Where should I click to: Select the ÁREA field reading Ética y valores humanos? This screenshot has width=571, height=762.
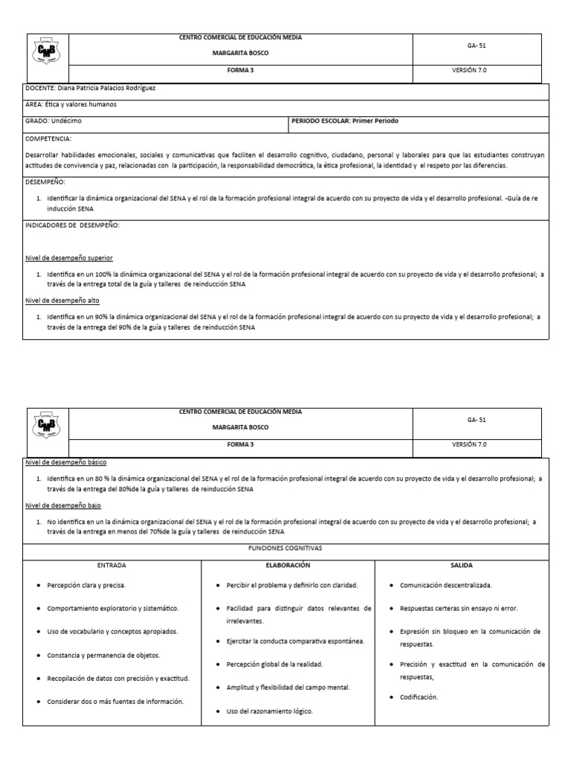coord(71,105)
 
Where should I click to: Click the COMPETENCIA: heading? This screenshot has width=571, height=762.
coord(49,138)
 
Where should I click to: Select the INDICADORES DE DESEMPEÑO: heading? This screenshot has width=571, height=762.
coord(73,225)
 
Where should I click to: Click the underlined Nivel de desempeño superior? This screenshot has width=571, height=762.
coord(69,257)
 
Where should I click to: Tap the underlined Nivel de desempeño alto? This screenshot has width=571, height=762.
coord(62,300)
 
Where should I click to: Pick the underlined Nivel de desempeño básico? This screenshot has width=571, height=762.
coord(65,462)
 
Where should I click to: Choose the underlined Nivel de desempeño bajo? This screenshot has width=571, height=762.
coord(62,505)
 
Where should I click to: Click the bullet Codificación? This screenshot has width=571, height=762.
coord(419,697)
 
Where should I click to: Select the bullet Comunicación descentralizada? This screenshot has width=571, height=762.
coord(445,586)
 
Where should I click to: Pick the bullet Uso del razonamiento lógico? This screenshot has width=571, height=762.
coord(270,711)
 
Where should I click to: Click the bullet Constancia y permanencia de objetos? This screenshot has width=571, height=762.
coord(103,655)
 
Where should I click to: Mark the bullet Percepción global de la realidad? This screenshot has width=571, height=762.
coord(274,663)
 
